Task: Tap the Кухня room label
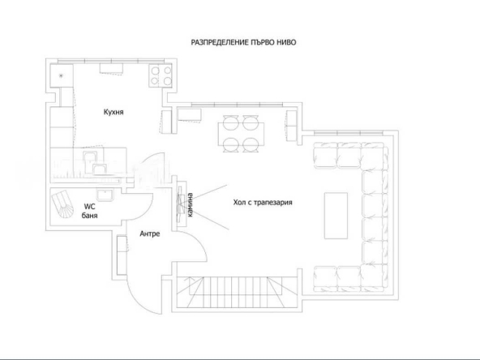point(113,111)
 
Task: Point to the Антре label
point(149,234)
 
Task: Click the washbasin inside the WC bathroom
point(104,194)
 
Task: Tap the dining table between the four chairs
point(239,134)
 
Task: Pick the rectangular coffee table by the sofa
point(334,215)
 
